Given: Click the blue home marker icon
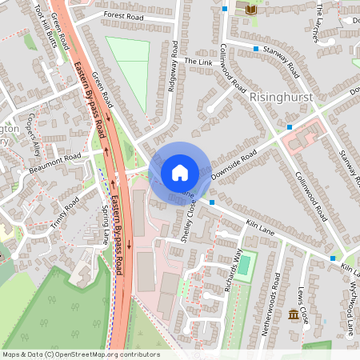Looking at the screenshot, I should (x=179, y=173).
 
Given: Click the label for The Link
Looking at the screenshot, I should (x=195, y=62).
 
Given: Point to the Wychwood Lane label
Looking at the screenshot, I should (x=350, y=307).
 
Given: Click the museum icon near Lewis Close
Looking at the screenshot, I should (x=293, y=318).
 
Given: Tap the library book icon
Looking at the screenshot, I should (x=252, y=9).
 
